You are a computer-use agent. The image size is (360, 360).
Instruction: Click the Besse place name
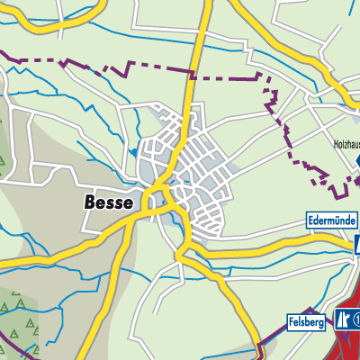pyautogui.click(x=108, y=202)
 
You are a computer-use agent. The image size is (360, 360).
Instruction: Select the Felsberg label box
pyautogui.click(x=308, y=321)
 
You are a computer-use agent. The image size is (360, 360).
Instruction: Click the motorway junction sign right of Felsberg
pyautogui.click(x=343, y=319)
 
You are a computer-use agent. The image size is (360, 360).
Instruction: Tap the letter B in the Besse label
pyautogui.click(x=89, y=202)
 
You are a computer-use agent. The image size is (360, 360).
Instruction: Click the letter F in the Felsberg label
pyautogui.click(x=293, y=321)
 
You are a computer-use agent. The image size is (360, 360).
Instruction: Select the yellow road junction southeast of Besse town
pyautogui.click(x=185, y=247)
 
